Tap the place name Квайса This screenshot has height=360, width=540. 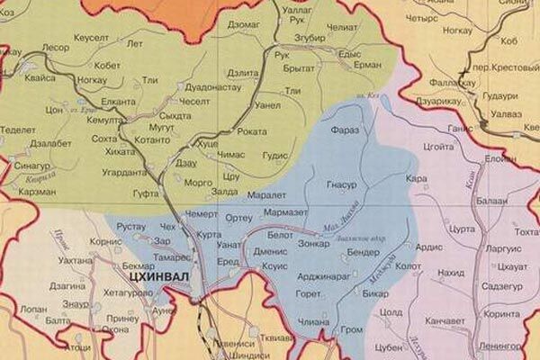pyautogui.click(x=40, y=77)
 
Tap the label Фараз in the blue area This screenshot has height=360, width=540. pyautogui.click(x=345, y=130)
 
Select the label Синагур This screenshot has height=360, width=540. pyautogui.click(x=32, y=166)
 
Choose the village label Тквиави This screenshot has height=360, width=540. pyautogui.click(x=275, y=339)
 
